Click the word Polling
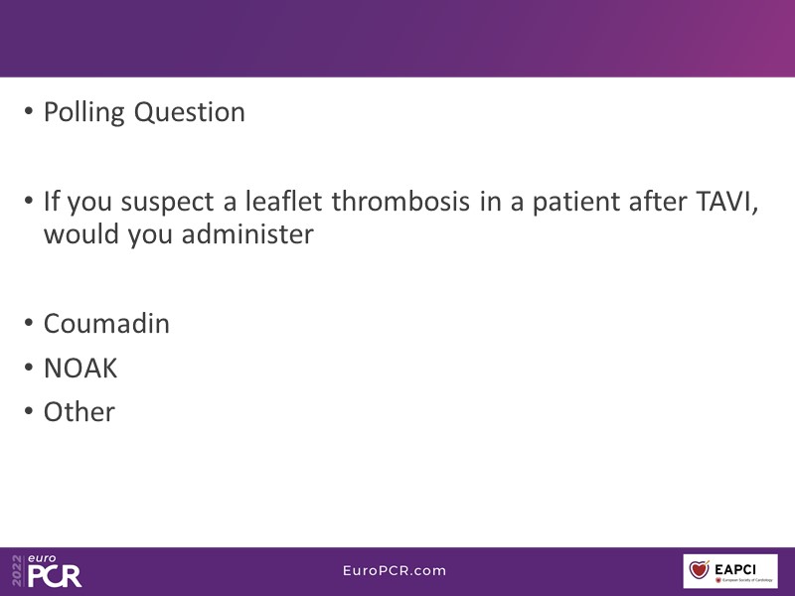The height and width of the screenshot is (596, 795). click(84, 112)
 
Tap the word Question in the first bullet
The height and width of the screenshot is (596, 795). click(190, 112)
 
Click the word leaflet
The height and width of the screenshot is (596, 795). click(283, 201)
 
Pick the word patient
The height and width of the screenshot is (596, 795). click(575, 202)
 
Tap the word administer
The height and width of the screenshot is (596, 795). click(247, 233)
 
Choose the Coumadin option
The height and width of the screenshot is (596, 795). click(106, 324)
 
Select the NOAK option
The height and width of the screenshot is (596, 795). click(80, 368)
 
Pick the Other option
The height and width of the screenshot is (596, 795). click(79, 411)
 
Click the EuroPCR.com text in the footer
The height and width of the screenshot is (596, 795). click(395, 570)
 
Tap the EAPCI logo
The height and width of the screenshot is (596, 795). click(730, 571)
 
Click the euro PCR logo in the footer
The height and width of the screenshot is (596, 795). click(55, 571)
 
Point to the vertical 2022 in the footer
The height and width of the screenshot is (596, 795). click(18, 571)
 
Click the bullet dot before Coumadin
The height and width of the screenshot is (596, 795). click(29, 323)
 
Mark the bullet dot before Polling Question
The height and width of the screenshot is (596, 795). click(29, 111)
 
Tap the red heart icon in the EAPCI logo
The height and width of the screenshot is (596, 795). click(699, 568)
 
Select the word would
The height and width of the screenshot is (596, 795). click(80, 233)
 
